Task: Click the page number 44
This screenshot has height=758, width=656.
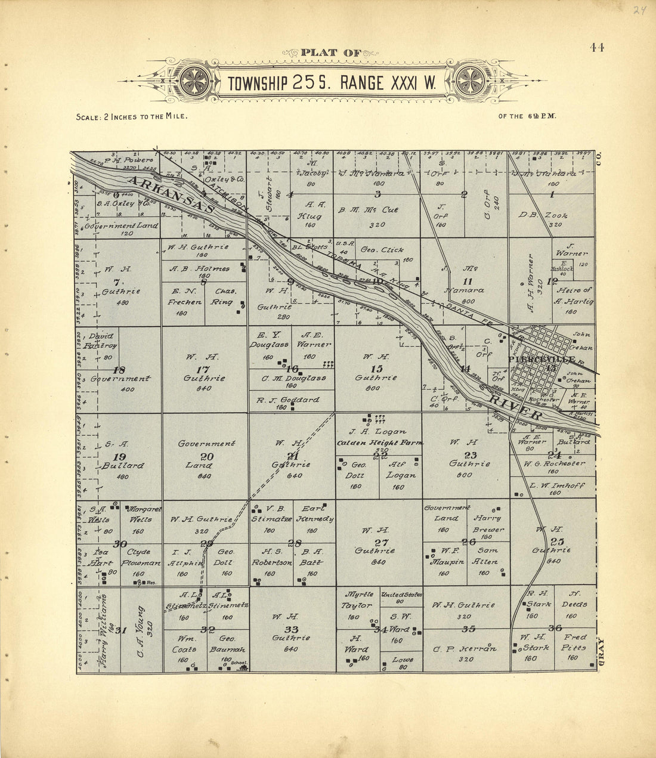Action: [597, 48]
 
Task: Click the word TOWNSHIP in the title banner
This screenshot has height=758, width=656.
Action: [257, 83]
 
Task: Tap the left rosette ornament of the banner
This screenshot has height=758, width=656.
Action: [194, 79]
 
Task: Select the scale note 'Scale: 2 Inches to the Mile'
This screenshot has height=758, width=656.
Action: [132, 117]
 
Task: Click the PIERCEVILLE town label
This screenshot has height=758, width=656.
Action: [541, 360]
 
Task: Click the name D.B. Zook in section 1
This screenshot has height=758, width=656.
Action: [543, 215]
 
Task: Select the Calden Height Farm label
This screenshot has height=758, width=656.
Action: [380, 443]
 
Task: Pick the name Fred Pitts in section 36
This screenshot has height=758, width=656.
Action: [575, 647]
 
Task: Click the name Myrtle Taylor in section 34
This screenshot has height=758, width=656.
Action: [358, 599]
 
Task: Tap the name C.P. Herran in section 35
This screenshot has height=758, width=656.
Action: [466, 649]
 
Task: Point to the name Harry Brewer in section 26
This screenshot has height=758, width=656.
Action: [488, 524]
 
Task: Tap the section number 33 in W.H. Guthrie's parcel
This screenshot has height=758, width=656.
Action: [291, 629]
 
